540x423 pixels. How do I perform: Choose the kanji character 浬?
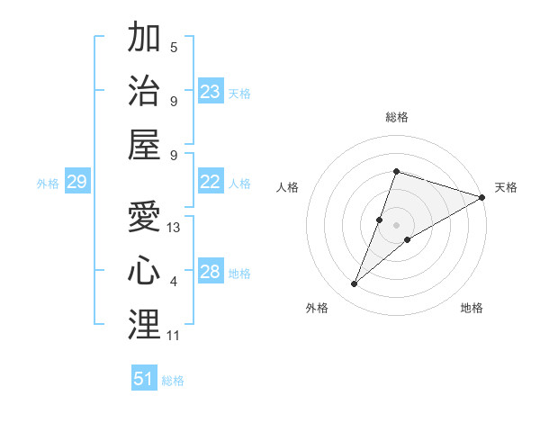pyautogui.click(x=144, y=324)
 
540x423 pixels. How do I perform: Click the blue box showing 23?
pyautogui.click(x=211, y=92)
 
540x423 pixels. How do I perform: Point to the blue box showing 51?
pyautogui.click(x=144, y=379)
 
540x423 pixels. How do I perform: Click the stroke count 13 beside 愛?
pyautogui.click(x=175, y=228)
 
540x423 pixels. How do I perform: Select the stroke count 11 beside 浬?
pyautogui.click(x=174, y=336)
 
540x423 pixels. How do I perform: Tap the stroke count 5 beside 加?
pyautogui.click(x=174, y=47)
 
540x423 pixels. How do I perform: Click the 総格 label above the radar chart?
pyautogui.click(x=397, y=117)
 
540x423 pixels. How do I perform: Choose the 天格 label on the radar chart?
pyautogui.click(x=506, y=187)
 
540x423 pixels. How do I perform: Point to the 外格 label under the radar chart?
pyautogui.click(x=317, y=308)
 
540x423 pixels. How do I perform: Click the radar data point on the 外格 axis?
pyautogui.click(x=355, y=284)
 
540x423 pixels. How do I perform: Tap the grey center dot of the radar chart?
pyautogui.click(x=397, y=224)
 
